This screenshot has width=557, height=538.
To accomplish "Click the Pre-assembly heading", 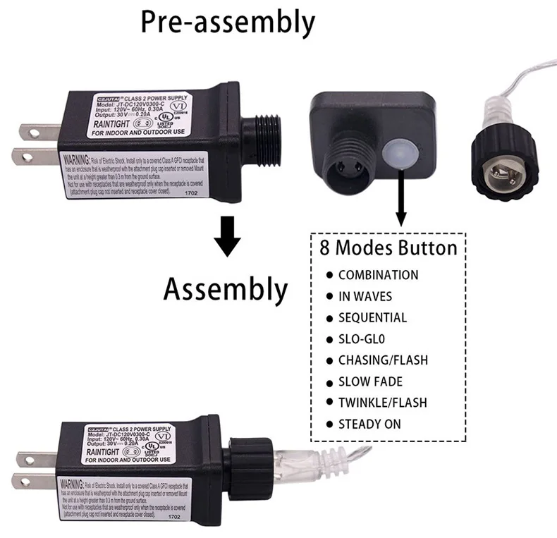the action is [x=227, y=22].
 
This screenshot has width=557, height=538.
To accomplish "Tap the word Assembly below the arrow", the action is [x=226, y=289].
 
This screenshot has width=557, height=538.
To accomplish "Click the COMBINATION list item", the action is [x=378, y=275].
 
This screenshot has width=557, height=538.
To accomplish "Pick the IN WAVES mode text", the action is [x=365, y=296].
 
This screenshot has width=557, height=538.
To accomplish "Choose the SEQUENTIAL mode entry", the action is [x=372, y=317].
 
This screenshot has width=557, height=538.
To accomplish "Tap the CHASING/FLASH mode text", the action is [x=383, y=360].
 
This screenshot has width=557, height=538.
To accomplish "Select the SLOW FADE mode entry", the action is [x=370, y=381].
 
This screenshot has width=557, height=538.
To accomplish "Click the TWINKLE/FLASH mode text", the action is [x=382, y=403].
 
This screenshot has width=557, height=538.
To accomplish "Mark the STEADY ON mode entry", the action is [x=369, y=424].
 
